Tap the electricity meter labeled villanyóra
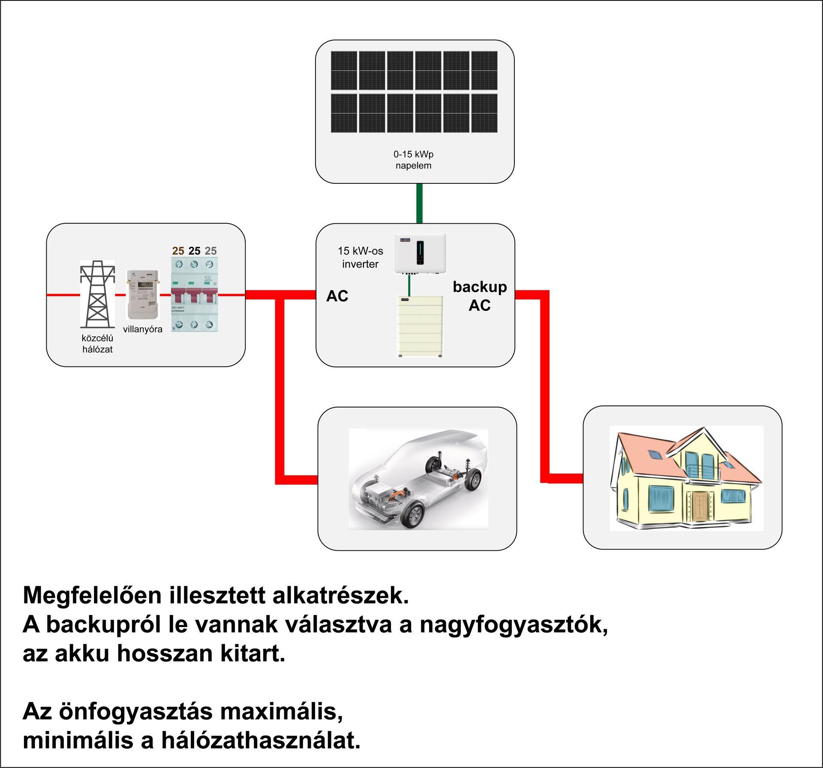142,294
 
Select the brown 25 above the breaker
178,251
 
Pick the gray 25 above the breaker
210,251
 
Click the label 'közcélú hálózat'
97,344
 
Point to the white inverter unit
420,253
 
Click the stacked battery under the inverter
420,326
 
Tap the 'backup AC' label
480,296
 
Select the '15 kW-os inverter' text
360,257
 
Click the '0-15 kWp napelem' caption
414,160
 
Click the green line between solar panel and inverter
420,203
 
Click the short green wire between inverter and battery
410,285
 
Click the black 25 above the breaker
194,251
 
